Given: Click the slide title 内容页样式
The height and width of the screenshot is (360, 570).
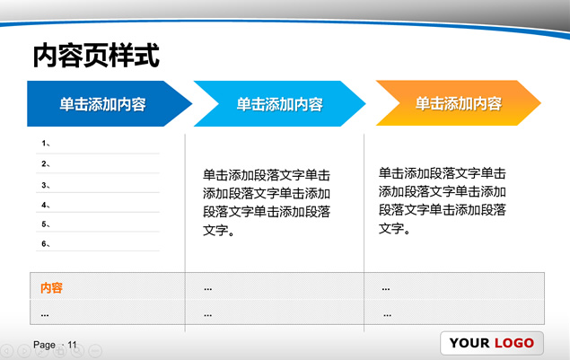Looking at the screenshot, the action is point(96,56).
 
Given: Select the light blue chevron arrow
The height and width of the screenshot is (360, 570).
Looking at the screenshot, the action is point(279,103).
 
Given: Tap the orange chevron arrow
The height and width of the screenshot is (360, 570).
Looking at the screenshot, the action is point(459,103).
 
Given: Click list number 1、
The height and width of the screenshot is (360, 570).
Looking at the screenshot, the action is point(46,144).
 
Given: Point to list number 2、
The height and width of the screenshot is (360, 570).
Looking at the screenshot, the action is point(46,164).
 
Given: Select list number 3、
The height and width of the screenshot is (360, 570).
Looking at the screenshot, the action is point(46,186).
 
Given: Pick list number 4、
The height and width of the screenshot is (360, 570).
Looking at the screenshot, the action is point(46,205).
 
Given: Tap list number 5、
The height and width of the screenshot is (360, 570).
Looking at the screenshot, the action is point(46,224).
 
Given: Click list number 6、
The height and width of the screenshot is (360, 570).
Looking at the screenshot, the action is point(46,244).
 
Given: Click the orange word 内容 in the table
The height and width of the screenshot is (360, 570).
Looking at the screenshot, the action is point(51,287).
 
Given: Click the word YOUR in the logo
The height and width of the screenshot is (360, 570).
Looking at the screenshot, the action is point(469,343).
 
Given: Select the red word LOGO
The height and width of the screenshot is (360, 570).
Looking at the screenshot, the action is point(514,343).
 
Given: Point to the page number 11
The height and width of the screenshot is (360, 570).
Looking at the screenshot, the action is point(73,345).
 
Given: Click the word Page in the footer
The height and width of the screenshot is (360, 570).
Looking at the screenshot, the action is point(44,345).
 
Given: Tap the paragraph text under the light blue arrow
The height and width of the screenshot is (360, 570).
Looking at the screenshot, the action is point(267,203).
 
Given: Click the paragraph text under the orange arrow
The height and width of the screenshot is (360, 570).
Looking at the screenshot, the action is point(442,201).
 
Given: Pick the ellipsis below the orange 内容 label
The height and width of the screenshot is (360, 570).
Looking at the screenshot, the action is point(45,315).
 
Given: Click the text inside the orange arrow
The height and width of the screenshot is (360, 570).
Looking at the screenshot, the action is point(459,103).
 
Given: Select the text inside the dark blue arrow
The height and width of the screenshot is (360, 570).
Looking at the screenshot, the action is point(103,104).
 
